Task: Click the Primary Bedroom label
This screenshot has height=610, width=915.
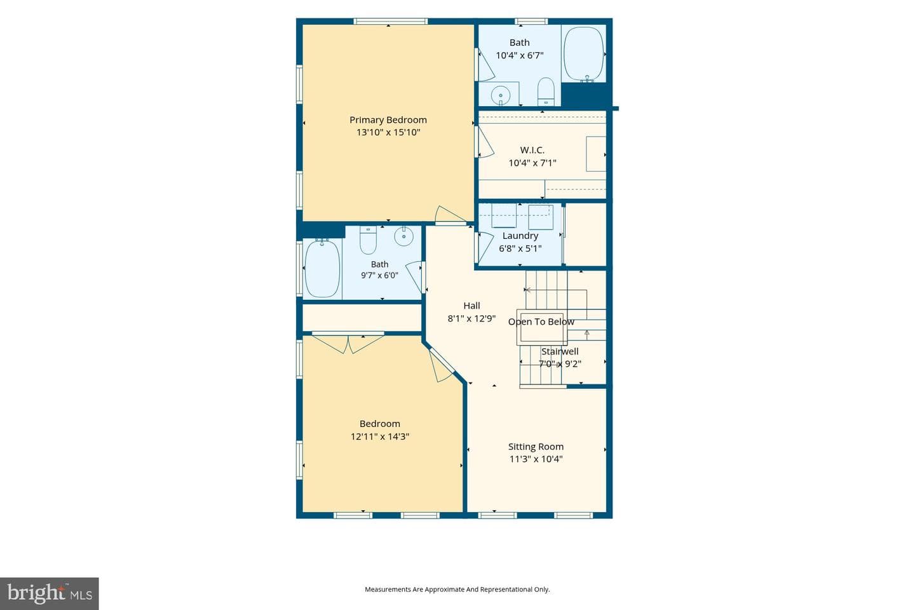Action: [x=388, y=119]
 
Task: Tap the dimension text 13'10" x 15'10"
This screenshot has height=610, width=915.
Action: [x=388, y=132]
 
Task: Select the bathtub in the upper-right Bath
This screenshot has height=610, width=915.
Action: [x=583, y=54]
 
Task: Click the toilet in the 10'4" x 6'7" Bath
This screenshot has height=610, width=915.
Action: [x=546, y=91]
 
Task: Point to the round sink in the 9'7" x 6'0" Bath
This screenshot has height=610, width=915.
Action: [x=403, y=236]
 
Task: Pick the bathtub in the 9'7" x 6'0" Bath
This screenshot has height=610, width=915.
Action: [x=322, y=268]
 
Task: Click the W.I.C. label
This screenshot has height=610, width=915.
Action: [x=532, y=150]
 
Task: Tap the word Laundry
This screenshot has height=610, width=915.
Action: [x=520, y=236]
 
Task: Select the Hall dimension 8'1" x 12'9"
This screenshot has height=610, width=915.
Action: [x=471, y=318]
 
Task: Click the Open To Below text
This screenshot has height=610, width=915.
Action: [x=541, y=322]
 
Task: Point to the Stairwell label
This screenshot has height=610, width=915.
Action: [x=560, y=351]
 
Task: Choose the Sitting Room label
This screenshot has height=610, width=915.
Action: [x=536, y=447]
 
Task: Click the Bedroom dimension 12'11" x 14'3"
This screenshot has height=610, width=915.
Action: [x=380, y=437]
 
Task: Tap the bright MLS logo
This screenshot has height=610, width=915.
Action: [x=50, y=593]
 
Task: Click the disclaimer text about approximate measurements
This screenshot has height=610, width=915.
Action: [x=457, y=589]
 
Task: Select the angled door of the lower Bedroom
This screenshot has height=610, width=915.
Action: [x=441, y=365]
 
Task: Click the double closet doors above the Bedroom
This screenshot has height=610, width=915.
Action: [x=348, y=342]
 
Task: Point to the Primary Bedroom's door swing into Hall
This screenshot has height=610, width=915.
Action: [x=450, y=215]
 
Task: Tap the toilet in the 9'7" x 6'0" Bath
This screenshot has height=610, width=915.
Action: [x=368, y=241]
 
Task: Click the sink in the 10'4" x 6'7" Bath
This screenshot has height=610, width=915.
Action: [x=501, y=95]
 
